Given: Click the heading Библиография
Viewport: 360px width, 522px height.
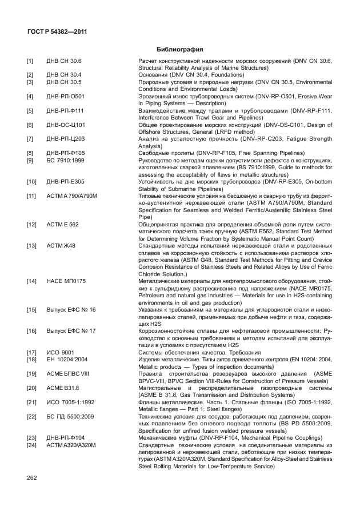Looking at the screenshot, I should coord(180,49).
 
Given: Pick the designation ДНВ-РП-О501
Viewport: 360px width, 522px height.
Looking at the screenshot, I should coord(65,96).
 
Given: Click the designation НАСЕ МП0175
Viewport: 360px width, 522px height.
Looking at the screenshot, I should coord(66,281).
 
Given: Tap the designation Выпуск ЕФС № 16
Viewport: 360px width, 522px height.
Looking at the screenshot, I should coord(71,309).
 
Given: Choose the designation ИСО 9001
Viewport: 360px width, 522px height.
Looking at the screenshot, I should coord(60,352).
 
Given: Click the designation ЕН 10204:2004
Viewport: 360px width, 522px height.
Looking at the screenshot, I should coord(66,359).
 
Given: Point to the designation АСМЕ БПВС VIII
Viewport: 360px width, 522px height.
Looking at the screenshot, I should coord(69,373).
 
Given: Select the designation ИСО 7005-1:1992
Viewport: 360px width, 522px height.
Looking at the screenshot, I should coord(70,402).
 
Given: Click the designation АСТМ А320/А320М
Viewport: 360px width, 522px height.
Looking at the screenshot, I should coord(71,445).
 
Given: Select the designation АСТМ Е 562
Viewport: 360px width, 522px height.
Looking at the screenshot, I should coord(63,225).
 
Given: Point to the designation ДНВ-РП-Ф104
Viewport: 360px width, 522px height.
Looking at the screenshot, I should coord(65,437).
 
